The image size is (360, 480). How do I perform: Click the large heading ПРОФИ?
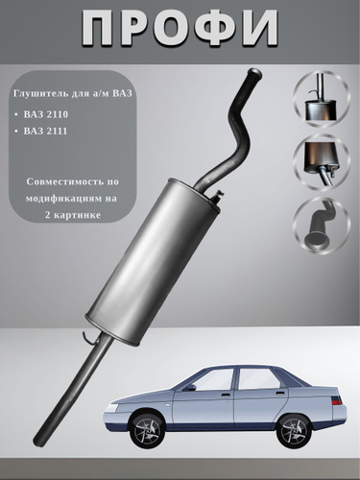tap(180, 29)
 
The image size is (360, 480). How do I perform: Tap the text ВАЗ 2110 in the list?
tap(46, 114)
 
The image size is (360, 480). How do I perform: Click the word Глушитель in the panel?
tap(36, 94)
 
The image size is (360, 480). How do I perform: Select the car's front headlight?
tap(113, 408)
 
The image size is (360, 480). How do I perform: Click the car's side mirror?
tap(191, 388)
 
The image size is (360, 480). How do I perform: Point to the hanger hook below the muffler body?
tap(87, 338)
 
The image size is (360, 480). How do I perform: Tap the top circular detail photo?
tap(322, 100)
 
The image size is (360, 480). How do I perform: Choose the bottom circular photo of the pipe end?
tap(322, 226)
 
